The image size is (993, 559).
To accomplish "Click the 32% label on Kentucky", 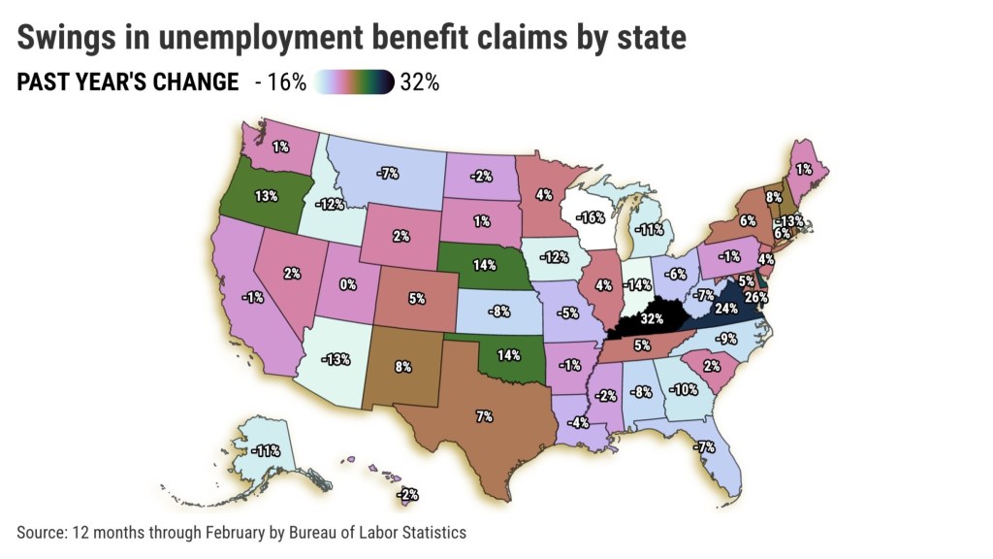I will (x=651, y=317).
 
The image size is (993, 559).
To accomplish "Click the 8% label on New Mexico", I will (x=403, y=367).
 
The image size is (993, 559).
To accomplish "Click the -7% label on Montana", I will (x=390, y=173).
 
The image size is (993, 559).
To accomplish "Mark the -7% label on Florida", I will (x=705, y=446).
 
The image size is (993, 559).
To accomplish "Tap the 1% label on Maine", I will (x=804, y=168).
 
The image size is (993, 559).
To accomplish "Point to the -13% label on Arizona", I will (x=336, y=359).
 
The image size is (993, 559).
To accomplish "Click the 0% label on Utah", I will (x=347, y=284).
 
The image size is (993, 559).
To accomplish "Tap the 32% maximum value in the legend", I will (x=419, y=82).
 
